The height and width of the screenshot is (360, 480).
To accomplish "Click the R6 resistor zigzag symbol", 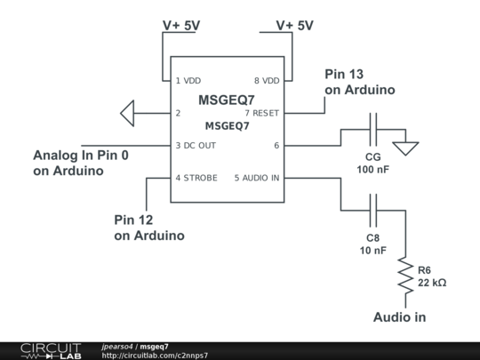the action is (405, 276).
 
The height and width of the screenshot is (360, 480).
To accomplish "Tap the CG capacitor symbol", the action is (373, 130).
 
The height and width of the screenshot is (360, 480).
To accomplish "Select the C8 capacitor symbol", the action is (373, 211).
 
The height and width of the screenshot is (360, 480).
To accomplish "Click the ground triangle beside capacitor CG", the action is (405, 148).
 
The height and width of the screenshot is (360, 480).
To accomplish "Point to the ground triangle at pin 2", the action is (127, 113).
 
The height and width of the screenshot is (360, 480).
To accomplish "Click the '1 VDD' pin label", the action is (188, 81).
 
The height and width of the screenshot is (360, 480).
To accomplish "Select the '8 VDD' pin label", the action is (267, 81).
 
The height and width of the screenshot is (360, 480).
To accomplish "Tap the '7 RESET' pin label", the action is (262, 113).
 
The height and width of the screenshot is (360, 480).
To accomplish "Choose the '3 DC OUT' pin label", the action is (196, 146).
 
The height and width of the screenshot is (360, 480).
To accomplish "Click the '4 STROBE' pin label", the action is (196, 178).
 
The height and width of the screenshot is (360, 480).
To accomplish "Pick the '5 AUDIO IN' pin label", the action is (257, 178).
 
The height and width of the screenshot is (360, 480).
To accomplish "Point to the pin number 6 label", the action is (276, 146).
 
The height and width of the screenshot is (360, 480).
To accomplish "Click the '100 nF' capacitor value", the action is (372, 169).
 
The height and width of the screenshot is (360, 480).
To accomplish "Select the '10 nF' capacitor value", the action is (372, 251).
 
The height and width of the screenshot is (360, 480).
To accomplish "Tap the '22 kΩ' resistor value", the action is (432, 283).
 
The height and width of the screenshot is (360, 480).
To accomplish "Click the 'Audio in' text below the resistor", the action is (399, 317).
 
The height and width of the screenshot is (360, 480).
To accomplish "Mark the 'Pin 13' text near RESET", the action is (344, 74).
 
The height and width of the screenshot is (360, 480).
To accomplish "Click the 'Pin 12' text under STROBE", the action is (133, 220).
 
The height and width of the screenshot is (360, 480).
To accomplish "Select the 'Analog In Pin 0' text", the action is (81, 156).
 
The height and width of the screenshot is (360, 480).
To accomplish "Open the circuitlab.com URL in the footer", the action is (155, 356).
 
